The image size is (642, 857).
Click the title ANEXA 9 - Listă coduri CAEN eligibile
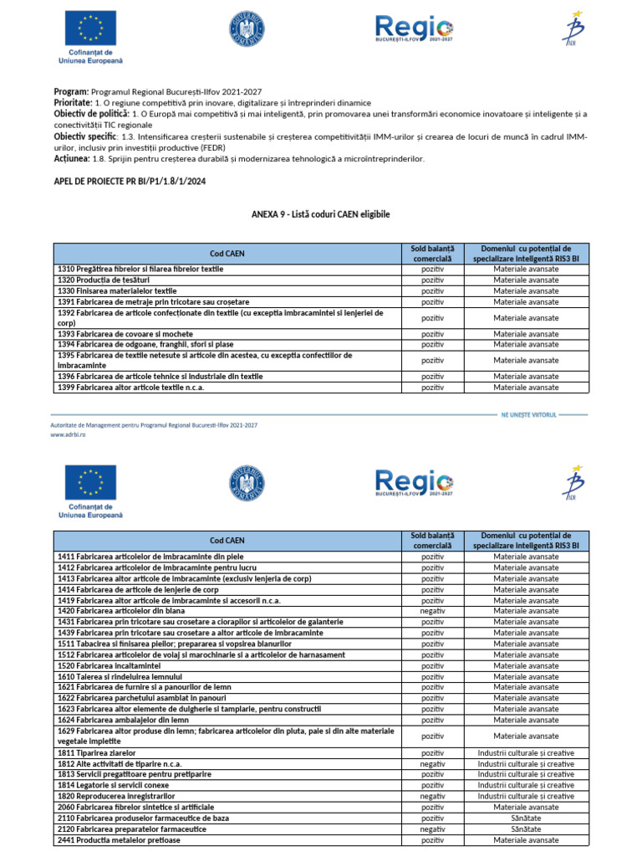pos(321,215)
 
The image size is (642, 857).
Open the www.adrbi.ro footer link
pos(69,434)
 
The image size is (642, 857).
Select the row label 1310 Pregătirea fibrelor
pos(140,269)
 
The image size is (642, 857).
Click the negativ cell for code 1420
pos(432,612)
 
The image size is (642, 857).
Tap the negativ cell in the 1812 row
pos(432,764)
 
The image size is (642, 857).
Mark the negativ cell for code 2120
pos(432,829)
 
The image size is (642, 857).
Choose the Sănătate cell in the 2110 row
pos(526,819)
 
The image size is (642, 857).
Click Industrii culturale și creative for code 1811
pos(526,753)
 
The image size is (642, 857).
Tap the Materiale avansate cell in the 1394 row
pos(526,344)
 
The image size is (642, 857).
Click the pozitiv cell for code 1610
pos(432,676)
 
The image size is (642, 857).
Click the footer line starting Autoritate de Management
pos(155,425)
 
